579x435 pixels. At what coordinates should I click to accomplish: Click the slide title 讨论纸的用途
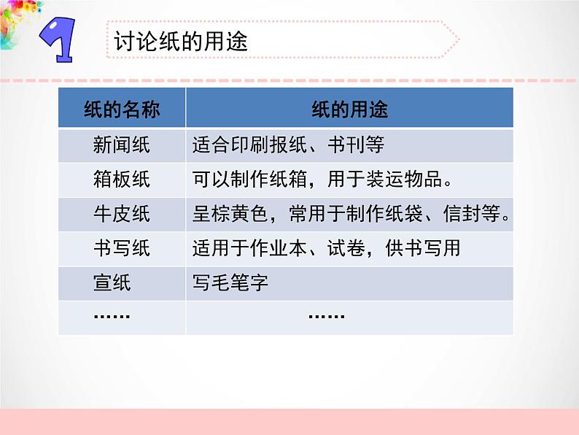[181, 41]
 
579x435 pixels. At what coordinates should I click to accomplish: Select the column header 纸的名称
[122, 109]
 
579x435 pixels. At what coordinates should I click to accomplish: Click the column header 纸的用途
[350, 109]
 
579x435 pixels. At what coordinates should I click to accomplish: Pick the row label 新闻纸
[122, 145]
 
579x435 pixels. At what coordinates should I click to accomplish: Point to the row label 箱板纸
[122, 180]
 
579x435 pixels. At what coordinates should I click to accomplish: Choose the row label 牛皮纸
[122, 214]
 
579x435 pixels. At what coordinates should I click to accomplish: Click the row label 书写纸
[122, 248]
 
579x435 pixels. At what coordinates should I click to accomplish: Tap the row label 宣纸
[112, 282]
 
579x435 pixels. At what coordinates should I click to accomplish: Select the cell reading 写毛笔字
[230, 282]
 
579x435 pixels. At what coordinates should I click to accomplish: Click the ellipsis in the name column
[112, 316]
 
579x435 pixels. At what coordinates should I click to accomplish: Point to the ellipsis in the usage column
[327, 316]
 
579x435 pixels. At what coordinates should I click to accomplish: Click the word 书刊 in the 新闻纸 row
[346, 145]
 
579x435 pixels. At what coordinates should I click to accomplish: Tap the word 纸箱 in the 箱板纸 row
[288, 180]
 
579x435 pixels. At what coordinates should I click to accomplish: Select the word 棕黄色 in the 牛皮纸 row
[230, 214]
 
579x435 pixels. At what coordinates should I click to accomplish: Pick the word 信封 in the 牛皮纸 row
[462, 214]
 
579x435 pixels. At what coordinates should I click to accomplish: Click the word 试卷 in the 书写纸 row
[346, 248]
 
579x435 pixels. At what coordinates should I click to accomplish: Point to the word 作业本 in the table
[279, 248]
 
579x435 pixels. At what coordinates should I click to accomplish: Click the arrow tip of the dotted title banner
[459, 39]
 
